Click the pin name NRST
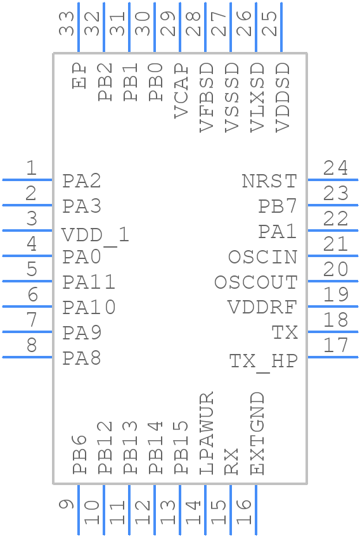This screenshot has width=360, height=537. [x=269, y=181]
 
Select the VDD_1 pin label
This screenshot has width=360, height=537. [x=96, y=236]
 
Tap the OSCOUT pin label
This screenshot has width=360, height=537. [x=255, y=282]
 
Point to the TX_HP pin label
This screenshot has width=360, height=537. [x=263, y=362]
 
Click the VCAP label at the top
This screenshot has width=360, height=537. [x=181, y=91]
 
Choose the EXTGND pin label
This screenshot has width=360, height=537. [x=257, y=433]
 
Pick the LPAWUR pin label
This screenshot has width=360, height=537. [x=207, y=433]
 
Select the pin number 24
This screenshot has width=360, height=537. [x=335, y=168]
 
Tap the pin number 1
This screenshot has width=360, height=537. [x=31, y=168]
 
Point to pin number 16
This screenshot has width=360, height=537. [x=244, y=512]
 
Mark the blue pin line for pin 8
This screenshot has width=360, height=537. [x=27, y=357]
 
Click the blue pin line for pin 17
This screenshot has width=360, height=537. [x=333, y=357]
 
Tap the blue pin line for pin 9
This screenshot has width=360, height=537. [x=79, y=510]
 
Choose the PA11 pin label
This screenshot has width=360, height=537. [x=89, y=282]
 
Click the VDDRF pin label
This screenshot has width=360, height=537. [x=262, y=308]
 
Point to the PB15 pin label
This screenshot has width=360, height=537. [x=181, y=448]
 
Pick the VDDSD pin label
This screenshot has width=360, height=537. [x=283, y=97]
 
